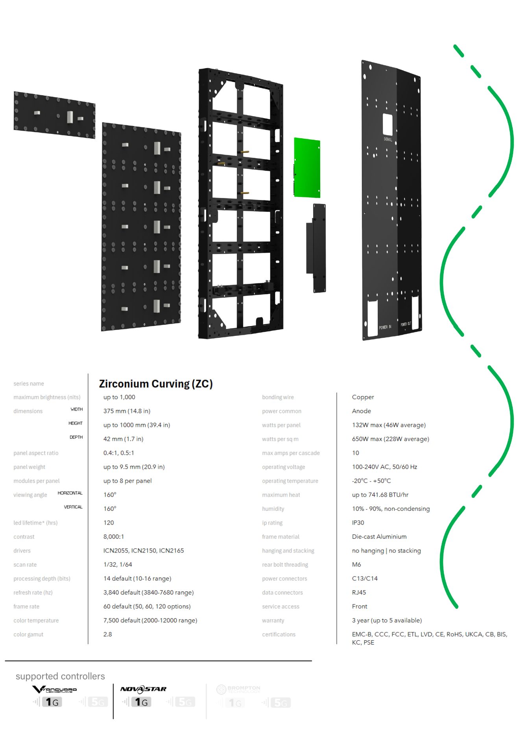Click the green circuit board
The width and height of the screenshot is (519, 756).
point(307,167)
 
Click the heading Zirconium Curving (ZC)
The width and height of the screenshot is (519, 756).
point(155,384)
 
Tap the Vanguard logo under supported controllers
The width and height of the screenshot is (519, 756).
point(54,689)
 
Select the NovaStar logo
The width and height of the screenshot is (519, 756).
point(143,689)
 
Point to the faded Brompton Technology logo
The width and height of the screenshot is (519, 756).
point(238,689)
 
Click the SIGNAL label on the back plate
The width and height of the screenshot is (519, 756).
point(388,139)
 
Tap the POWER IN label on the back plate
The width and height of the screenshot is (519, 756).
point(385,327)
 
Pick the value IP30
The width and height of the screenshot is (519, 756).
point(358,523)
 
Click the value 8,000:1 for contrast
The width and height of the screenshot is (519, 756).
point(113,537)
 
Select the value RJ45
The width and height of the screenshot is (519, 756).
point(359,592)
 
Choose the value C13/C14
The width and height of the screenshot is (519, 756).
point(364,578)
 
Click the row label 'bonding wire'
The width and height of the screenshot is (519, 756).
point(278,397)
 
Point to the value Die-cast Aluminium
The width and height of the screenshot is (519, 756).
point(379,537)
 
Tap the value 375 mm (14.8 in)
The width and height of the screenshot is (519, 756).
point(127,411)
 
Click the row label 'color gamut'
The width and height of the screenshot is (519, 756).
point(28,634)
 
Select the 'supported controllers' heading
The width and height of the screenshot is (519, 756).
point(60,676)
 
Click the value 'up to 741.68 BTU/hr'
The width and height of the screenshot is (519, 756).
point(380,495)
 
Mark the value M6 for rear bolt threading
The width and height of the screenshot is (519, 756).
point(356,565)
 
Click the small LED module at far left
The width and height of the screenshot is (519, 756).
point(54,115)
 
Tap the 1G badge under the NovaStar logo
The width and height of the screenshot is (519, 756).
point(141,702)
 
